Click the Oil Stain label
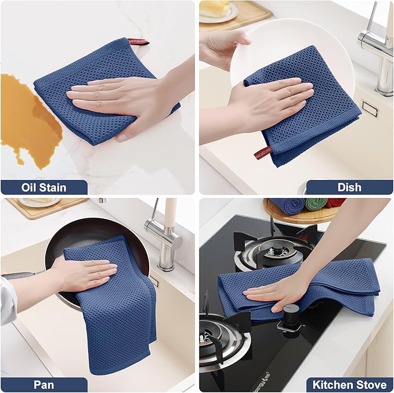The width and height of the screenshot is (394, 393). click(44, 187)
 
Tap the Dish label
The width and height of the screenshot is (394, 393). click(349, 187)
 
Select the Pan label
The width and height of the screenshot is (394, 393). click(44, 384)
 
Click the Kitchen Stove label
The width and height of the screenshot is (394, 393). click(349, 384)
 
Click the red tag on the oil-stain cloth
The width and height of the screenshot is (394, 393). click(138, 42)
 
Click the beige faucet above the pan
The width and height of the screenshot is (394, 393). click(165, 232)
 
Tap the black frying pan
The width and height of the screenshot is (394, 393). click(87, 232)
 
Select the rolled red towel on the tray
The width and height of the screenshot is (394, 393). click(335, 203)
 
